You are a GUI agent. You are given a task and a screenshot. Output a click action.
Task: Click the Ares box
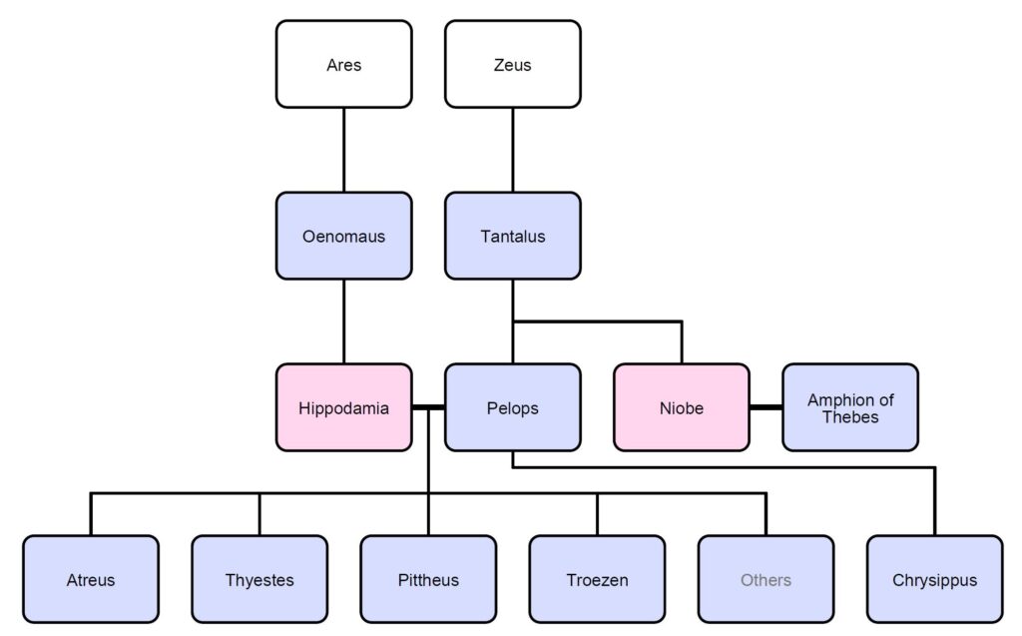343,64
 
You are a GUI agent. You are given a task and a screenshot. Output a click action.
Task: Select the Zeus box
512,64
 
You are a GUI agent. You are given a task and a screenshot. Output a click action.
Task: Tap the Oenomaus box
343,236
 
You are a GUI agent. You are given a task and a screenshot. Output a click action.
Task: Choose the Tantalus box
512,236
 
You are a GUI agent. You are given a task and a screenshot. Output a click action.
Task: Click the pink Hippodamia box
343,407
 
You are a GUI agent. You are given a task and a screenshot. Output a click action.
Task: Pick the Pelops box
512,407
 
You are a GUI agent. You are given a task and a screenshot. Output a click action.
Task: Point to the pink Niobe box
682,407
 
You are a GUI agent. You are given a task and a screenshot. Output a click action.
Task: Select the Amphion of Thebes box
850,407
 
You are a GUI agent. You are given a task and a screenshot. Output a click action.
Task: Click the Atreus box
91,579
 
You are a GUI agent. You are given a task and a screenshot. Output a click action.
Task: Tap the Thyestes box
259,579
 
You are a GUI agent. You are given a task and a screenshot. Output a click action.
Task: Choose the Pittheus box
428,579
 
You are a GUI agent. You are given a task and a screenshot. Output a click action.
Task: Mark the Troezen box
597,579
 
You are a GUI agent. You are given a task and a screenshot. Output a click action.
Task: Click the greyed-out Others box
766,579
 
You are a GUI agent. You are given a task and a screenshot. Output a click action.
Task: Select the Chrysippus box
935,579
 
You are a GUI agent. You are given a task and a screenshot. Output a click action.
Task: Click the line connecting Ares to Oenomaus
343,150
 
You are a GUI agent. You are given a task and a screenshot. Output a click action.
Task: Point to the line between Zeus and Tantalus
512,150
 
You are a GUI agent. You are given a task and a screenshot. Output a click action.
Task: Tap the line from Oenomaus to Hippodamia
343,321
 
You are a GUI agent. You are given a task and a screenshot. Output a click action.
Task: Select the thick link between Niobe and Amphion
766,407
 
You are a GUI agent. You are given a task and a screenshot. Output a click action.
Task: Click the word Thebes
850,417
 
